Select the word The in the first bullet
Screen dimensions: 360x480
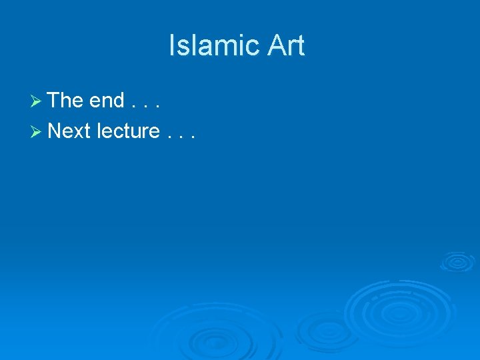[65, 101]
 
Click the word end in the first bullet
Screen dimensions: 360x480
[107, 101]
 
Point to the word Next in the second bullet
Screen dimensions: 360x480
[69, 131]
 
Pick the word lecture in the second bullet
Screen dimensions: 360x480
[129, 131]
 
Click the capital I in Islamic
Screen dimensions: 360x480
[173, 46]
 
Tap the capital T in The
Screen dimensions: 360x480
[55, 101]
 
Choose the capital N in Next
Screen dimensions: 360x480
[55, 131]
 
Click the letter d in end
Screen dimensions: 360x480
[119, 101]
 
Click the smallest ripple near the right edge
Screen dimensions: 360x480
[457, 261]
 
